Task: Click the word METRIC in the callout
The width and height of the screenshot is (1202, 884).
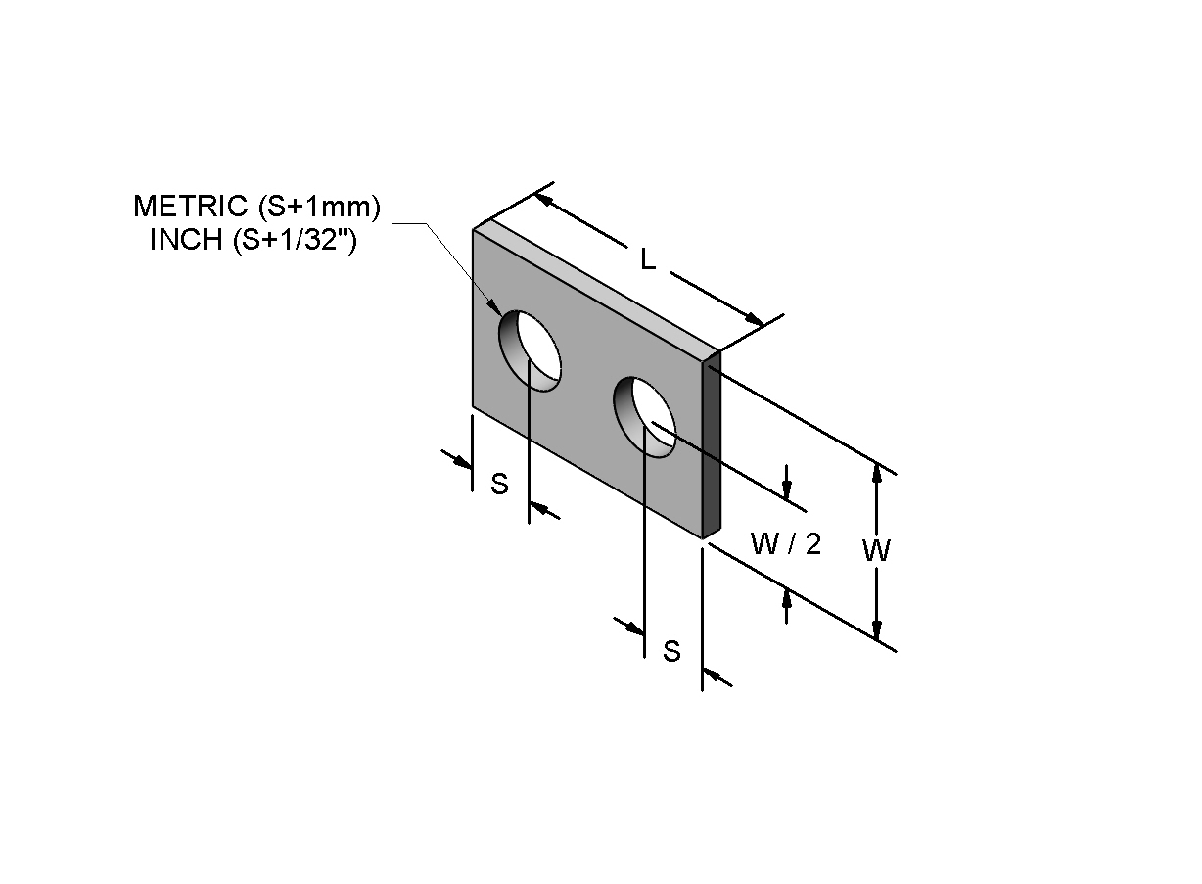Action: [x=191, y=207]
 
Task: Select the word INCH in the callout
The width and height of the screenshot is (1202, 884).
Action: [x=186, y=240]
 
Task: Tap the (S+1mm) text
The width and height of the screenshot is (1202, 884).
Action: [x=319, y=208]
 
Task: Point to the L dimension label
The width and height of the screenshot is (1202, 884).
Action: [x=648, y=260]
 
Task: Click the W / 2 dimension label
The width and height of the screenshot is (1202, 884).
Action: [x=786, y=543]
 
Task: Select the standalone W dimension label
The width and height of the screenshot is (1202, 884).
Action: [x=876, y=550]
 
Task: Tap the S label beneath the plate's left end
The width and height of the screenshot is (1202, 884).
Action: [x=499, y=484]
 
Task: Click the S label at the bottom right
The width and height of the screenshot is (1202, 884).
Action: [x=671, y=651]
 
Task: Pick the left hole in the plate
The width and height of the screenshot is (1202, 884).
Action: [x=530, y=350]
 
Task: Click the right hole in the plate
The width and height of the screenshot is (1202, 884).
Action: [x=644, y=417]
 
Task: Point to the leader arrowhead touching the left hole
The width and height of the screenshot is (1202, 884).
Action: [x=493, y=307]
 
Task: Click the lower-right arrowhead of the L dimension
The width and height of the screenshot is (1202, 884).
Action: [x=754, y=319]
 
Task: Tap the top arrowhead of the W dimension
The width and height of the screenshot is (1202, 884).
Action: [x=877, y=474]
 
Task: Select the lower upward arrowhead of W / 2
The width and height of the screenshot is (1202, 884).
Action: [x=787, y=599]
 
